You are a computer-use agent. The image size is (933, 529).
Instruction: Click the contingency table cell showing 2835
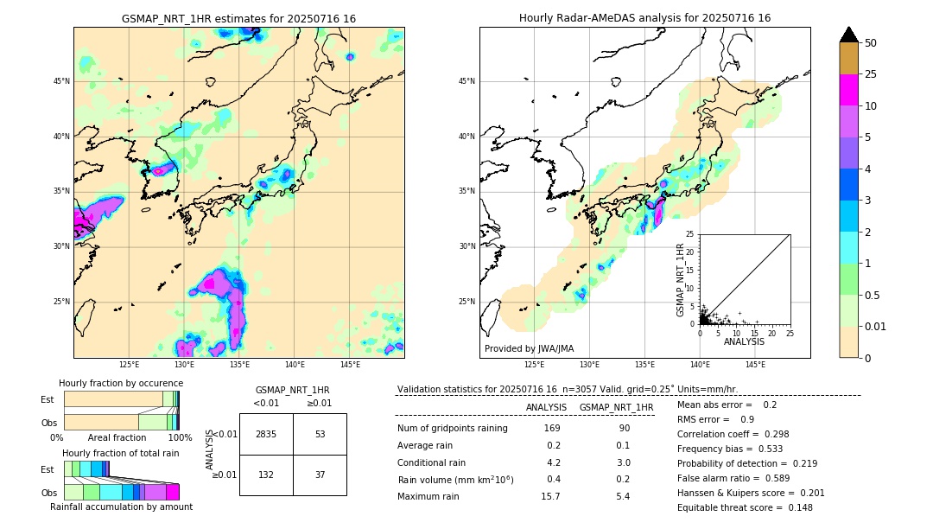(x=266, y=434)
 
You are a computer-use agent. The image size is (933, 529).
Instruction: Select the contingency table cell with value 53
(x=320, y=434)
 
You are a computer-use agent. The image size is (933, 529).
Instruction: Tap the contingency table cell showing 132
(x=266, y=475)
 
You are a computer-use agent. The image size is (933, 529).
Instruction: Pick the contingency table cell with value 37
(x=320, y=475)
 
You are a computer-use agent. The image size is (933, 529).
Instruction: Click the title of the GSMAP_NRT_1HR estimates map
(x=238, y=18)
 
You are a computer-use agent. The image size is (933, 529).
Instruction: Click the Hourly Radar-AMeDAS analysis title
(x=644, y=18)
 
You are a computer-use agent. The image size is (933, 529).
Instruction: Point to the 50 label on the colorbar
(x=871, y=43)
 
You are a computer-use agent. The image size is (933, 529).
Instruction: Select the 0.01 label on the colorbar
(x=877, y=326)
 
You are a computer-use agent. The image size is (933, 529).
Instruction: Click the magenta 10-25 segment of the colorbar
(x=848, y=90)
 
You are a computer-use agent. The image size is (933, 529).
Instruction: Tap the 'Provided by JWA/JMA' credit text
(x=529, y=349)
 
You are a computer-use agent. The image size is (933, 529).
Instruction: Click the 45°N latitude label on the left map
(x=61, y=81)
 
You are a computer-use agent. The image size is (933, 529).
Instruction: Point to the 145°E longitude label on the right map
(x=755, y=365)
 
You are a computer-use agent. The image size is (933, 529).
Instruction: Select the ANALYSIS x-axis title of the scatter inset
(x=744, y=341)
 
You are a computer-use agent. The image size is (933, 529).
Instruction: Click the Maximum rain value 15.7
(x=550, y=496)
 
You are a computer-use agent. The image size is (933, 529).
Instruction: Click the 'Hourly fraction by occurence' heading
(x=121, y=383)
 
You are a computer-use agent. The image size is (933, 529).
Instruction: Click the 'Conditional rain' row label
(x=432, y=462)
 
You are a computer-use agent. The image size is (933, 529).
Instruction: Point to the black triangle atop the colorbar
(x=848, y=35)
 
